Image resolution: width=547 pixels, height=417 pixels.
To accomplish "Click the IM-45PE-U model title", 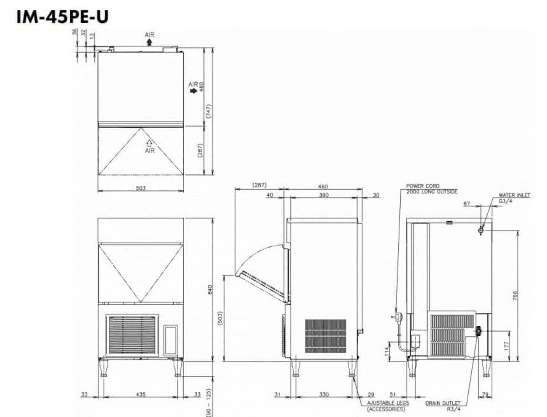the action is point(62,17).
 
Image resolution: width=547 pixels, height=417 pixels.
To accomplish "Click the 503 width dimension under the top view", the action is point(140,188).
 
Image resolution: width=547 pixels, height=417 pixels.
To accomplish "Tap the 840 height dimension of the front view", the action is point(210,290).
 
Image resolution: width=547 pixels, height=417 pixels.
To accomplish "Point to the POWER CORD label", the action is point(423,186).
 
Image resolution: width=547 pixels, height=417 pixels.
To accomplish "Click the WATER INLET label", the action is point(514,195).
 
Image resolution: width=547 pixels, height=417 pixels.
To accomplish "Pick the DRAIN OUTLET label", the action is point(443,403).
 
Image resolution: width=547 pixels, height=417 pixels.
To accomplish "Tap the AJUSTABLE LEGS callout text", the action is point(388,403).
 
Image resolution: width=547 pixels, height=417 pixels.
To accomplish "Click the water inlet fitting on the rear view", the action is point(481,230).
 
